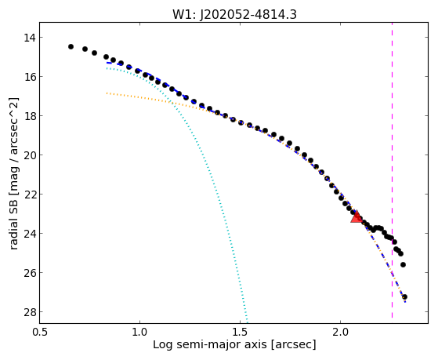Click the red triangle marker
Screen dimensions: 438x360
[357, 217]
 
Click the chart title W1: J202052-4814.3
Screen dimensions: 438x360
[234, 14]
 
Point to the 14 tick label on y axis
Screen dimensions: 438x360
[30, 38]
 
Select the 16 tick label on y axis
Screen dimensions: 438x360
[30, 77]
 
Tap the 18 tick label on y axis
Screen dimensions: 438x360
[30, 116]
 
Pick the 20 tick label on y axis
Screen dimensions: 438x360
[30, 155]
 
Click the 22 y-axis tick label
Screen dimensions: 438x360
[30, 195]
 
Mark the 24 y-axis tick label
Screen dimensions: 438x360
[30, 233]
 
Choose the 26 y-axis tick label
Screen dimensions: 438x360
[30, 272]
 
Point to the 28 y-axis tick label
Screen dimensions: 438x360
[30, 311]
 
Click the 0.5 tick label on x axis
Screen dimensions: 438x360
[39, 332]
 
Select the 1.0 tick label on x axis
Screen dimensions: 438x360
[139, 332]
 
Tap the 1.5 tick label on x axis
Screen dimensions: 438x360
[240, 332]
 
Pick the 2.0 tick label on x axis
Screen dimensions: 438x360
[340, 332]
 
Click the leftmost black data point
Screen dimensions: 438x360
[71, 46]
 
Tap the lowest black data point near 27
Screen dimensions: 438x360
[404, 296]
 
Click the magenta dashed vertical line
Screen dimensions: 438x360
[393, 170]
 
